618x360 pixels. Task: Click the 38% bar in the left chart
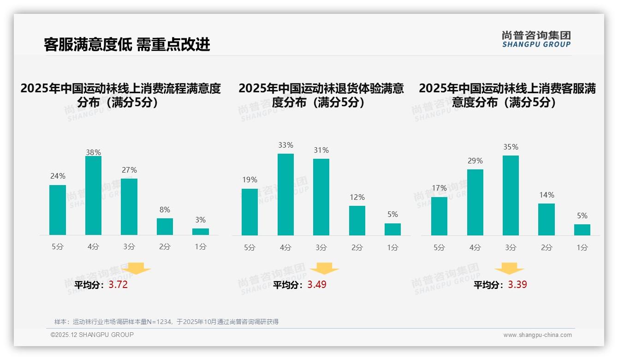[x=93, y=195]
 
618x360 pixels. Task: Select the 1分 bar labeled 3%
[x=201, y=231]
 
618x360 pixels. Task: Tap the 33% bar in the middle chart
[x=285, y=194]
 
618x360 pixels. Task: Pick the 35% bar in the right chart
[x=511, y=195]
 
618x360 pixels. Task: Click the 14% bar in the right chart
[x=546, y=219]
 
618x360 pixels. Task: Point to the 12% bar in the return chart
[x=357, y=220]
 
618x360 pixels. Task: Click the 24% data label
[x=58, y=176]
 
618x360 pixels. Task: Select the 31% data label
[x=321, y=150]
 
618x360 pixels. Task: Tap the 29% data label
[x=475, y=161]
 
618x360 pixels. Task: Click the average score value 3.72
[x=118, y=285]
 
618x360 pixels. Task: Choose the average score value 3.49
[x=317, y=285]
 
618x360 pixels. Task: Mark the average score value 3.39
[x=517, y=285]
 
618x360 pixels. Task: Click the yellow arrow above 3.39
[x=509, y=269]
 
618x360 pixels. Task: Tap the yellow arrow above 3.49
[x=324, y=269]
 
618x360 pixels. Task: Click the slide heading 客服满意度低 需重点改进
[x=127, y=44]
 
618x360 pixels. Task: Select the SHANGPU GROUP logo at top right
[x=536, y=39]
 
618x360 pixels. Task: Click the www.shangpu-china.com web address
[x=537, y=335]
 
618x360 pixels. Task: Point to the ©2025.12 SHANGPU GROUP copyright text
[x=92, y=335]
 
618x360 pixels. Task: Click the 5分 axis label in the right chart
[x=439, y=247]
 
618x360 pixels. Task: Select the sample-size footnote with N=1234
[x=166, y=322]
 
